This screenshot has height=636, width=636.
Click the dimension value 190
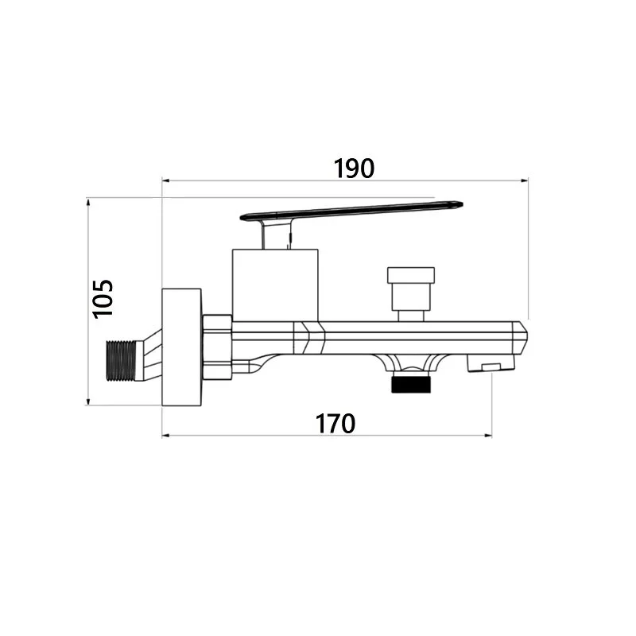click(354, 169)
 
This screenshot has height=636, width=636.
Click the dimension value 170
click(335, 424)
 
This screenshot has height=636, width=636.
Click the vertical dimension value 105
click(103, 299)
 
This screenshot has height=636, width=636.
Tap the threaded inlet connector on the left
click(121, 361)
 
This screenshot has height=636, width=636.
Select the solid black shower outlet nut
click(411, 385)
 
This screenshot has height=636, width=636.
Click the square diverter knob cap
click(411, 275)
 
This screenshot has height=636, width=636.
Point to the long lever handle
click(351, 211)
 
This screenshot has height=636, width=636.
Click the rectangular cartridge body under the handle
click(275, 285)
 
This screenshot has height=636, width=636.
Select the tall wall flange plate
click(182, 347)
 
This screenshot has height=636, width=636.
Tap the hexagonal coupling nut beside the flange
click(217, 347)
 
